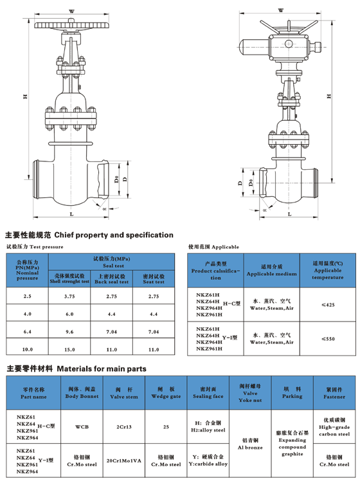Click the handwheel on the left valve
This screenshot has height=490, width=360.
pyautogui.click(x=71, y=25)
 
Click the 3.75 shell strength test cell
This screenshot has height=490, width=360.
pyautogui.click(x=69, y=296)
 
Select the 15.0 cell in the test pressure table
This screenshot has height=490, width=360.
pyautogui.click(x=69, y=349)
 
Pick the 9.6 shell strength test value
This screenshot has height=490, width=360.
pyautogui.click(x=69, y=332)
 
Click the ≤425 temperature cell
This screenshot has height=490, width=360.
pyautogui.click(x=328, y=305)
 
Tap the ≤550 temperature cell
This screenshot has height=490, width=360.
pyautogui.click(x=328, y=339)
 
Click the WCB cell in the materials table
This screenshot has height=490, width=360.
pyautogui.click(x=82, y=426)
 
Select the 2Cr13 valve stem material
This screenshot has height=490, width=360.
pyautogui.click(x=123, y=426)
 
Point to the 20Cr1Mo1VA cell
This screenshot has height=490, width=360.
pyautogui.click(x=123, y=460)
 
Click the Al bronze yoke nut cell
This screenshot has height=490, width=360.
pyautogui.click(x=250, y=444)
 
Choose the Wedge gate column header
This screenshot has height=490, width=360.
pyautogui.click(x=166, y=393)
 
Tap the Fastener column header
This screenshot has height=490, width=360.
pyautogui.click(x=334, y=393)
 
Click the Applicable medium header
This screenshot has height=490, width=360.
pyautogui.click(x=271, y=270)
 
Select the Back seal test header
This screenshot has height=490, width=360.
pyautogui.click(x=112, y=278)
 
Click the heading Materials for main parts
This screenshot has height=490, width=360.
pyautogui.click(x=76, y=368)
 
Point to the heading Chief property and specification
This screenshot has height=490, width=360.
pyautogui.click(x=89, y=235)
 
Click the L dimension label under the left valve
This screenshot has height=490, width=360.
pyautogui.click(x=71, y=214)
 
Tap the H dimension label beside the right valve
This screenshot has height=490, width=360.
pyautogui.click(x=328, y=96)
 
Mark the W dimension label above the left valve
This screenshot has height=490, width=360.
pyautogui.click(x=71, y=12)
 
